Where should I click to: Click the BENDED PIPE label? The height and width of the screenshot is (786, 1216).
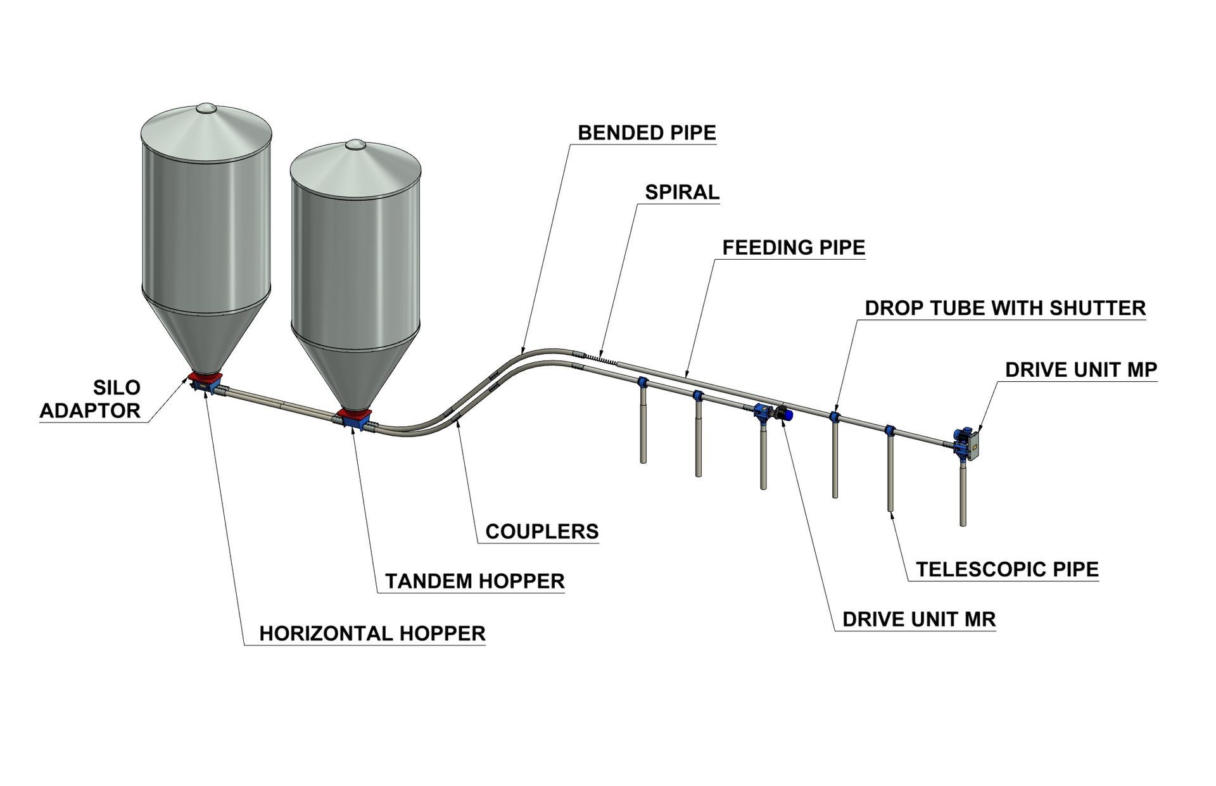coord(647,133)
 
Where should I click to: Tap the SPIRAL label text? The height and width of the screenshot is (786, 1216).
coord(682,192)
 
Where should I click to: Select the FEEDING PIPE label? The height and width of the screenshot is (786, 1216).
coord(794,247)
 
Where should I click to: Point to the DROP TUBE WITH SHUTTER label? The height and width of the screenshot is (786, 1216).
coord(1005,308)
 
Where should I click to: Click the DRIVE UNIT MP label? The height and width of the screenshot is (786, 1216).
coord(1081,370)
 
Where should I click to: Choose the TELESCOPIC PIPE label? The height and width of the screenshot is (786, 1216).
coord(1007,569)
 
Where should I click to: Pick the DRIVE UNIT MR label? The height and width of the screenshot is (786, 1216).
coord(919,619)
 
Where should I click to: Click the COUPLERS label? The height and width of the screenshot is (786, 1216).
coord(541,531)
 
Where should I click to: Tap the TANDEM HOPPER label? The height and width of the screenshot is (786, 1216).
coord(474,581)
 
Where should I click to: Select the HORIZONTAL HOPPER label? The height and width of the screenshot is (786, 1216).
coord(372,633)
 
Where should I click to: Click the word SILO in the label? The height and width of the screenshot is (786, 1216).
coord(117,387)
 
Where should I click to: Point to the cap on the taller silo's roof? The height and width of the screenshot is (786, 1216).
coord(205,109)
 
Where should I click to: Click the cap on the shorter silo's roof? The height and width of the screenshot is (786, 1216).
coord(355,145)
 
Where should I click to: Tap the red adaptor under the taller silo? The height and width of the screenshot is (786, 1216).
coord(204,379)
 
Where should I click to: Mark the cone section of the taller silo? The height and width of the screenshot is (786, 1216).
coord(205,336)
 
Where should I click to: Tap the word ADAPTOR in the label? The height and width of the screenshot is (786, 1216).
coord(90,410)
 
